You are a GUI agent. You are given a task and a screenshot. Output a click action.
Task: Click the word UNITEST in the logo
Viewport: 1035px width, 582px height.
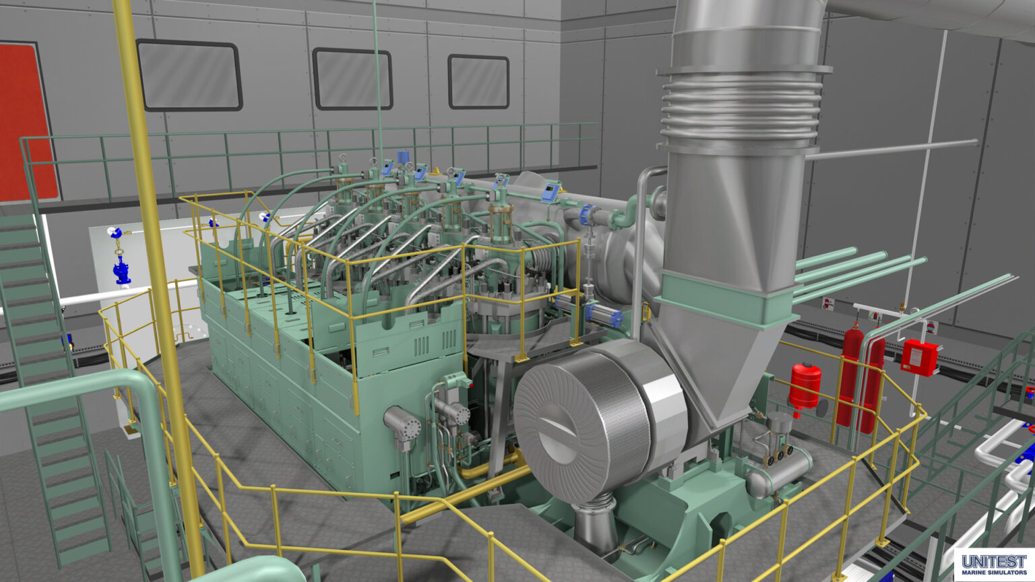tap(994, 562)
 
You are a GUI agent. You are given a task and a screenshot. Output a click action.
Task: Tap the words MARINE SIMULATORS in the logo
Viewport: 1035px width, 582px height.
tap(994, 573)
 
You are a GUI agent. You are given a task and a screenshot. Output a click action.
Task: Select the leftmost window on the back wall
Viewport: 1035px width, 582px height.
tap(189, 75)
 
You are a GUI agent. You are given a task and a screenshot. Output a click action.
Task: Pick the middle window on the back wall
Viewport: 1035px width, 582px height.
tap(352, 79)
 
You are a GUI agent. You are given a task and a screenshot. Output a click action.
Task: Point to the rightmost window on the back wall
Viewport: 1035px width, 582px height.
tap(478, 82)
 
